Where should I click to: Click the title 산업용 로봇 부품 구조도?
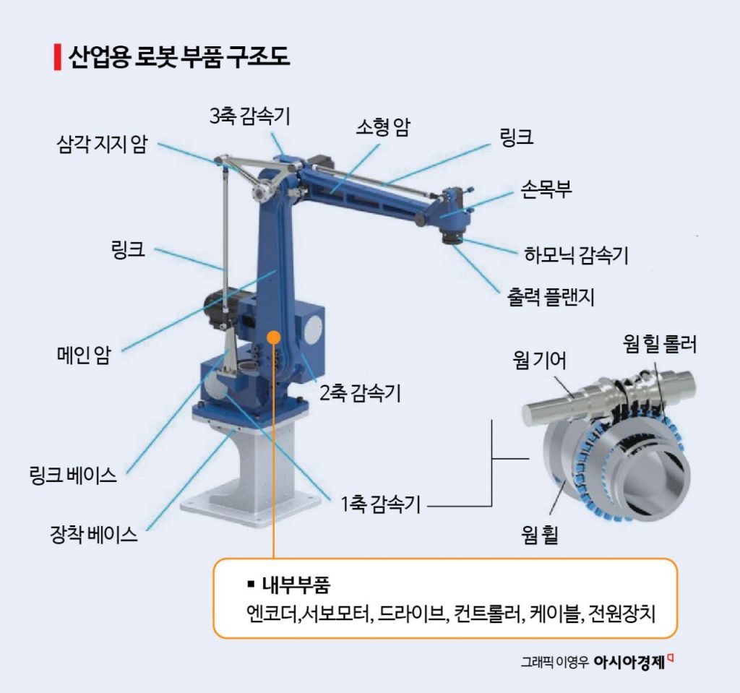point(179,56)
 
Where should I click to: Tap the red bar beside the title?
point(58,57)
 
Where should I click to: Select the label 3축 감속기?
point(249,116)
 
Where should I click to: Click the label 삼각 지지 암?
point(102,144)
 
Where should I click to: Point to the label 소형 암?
point(383,126)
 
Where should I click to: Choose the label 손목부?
point(546,189)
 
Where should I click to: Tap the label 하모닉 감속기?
point(576,254)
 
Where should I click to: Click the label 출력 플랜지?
point(550,297)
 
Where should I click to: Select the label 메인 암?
point(84,355)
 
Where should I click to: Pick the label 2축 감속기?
point(360,393)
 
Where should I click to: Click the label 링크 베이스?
point(73,475)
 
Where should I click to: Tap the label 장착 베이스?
point(94,534)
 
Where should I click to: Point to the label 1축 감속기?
point(380,504)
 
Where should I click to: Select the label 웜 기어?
point(539,360)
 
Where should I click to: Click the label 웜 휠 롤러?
point(659,344)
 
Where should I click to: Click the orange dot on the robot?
point(274,337)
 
